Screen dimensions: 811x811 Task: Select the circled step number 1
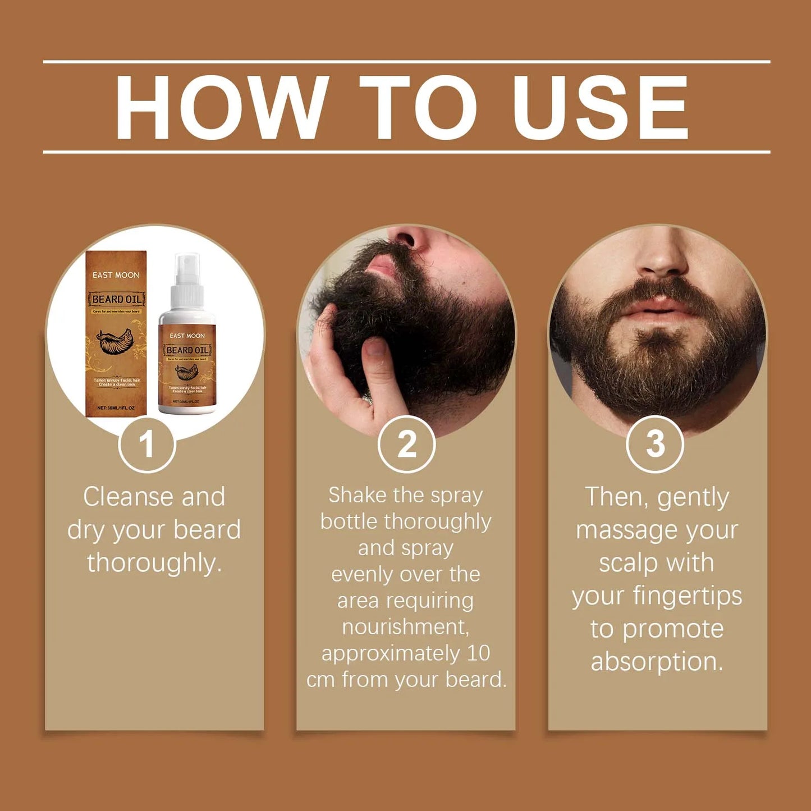146,445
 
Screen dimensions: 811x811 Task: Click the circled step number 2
406,445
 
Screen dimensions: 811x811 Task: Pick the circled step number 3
654,445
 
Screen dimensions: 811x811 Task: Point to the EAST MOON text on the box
116,275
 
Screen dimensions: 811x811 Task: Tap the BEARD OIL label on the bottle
187,350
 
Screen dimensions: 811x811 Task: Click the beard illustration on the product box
116,342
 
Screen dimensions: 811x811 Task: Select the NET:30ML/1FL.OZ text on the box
116,408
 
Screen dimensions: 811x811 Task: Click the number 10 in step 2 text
478,653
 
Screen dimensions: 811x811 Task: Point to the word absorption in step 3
657,662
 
